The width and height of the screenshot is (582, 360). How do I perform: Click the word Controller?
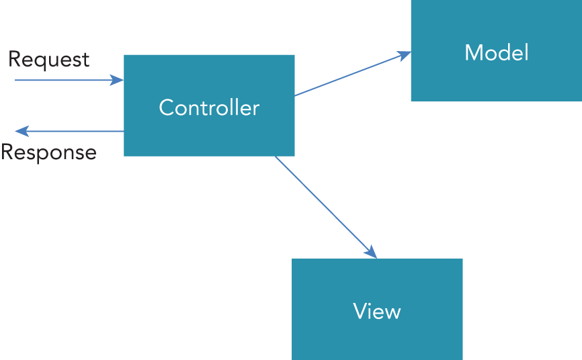click(209, 107)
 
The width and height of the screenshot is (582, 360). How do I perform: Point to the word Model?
click(497, 52)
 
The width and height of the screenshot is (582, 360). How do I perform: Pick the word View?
click(377, 311)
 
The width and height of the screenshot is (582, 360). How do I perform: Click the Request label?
click(48, 60)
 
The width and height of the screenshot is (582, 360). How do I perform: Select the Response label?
click(48, 152)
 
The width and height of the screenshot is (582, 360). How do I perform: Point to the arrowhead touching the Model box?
click(405, 54)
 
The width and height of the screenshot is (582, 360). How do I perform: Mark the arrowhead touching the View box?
click(371, 253)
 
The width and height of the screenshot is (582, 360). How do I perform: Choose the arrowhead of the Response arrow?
click(20, 131)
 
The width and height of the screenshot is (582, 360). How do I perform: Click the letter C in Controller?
click(165, 107)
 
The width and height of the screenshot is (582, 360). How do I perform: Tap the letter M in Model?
click(473, 52)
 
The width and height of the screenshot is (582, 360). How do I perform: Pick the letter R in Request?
click(14, 60)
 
